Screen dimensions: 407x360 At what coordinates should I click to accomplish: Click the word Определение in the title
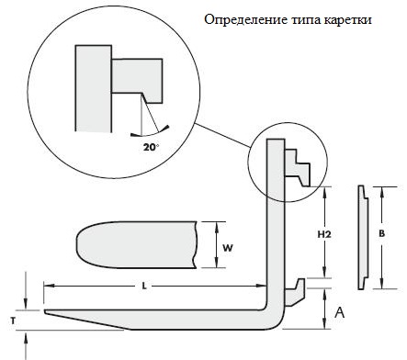(x=245, y=20)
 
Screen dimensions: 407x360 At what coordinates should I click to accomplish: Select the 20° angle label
(x=152, y=147)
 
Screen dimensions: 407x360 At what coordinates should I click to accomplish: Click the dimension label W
(x=228, y=248)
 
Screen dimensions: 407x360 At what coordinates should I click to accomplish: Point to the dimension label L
(x=144, y=287)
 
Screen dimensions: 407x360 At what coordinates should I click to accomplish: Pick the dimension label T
(x=13, y=321)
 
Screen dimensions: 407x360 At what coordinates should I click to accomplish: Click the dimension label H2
(x=324, y=234)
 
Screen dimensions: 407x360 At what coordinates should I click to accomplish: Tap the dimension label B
(x=381, y=234)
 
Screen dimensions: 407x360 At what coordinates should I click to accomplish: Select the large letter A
(x=340, y=312)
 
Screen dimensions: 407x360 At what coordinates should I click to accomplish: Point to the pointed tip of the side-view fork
(x=45, y=311)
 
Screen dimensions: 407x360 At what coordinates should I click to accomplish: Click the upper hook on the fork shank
(x=298, y=167)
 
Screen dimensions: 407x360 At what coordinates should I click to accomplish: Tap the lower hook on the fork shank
(x=295, y=292)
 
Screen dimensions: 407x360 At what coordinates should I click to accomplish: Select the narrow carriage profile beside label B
(x=363, y=237)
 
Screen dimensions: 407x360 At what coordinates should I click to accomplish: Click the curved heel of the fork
(x=274, y=319)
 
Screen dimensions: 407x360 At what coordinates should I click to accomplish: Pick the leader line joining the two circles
(x=223, y=135)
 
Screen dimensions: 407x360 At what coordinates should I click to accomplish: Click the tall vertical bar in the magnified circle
(x=93, y=89)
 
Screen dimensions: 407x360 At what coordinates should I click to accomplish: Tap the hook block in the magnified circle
(x=137, y=79)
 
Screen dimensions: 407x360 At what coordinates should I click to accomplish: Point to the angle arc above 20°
(x=150, y=132)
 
